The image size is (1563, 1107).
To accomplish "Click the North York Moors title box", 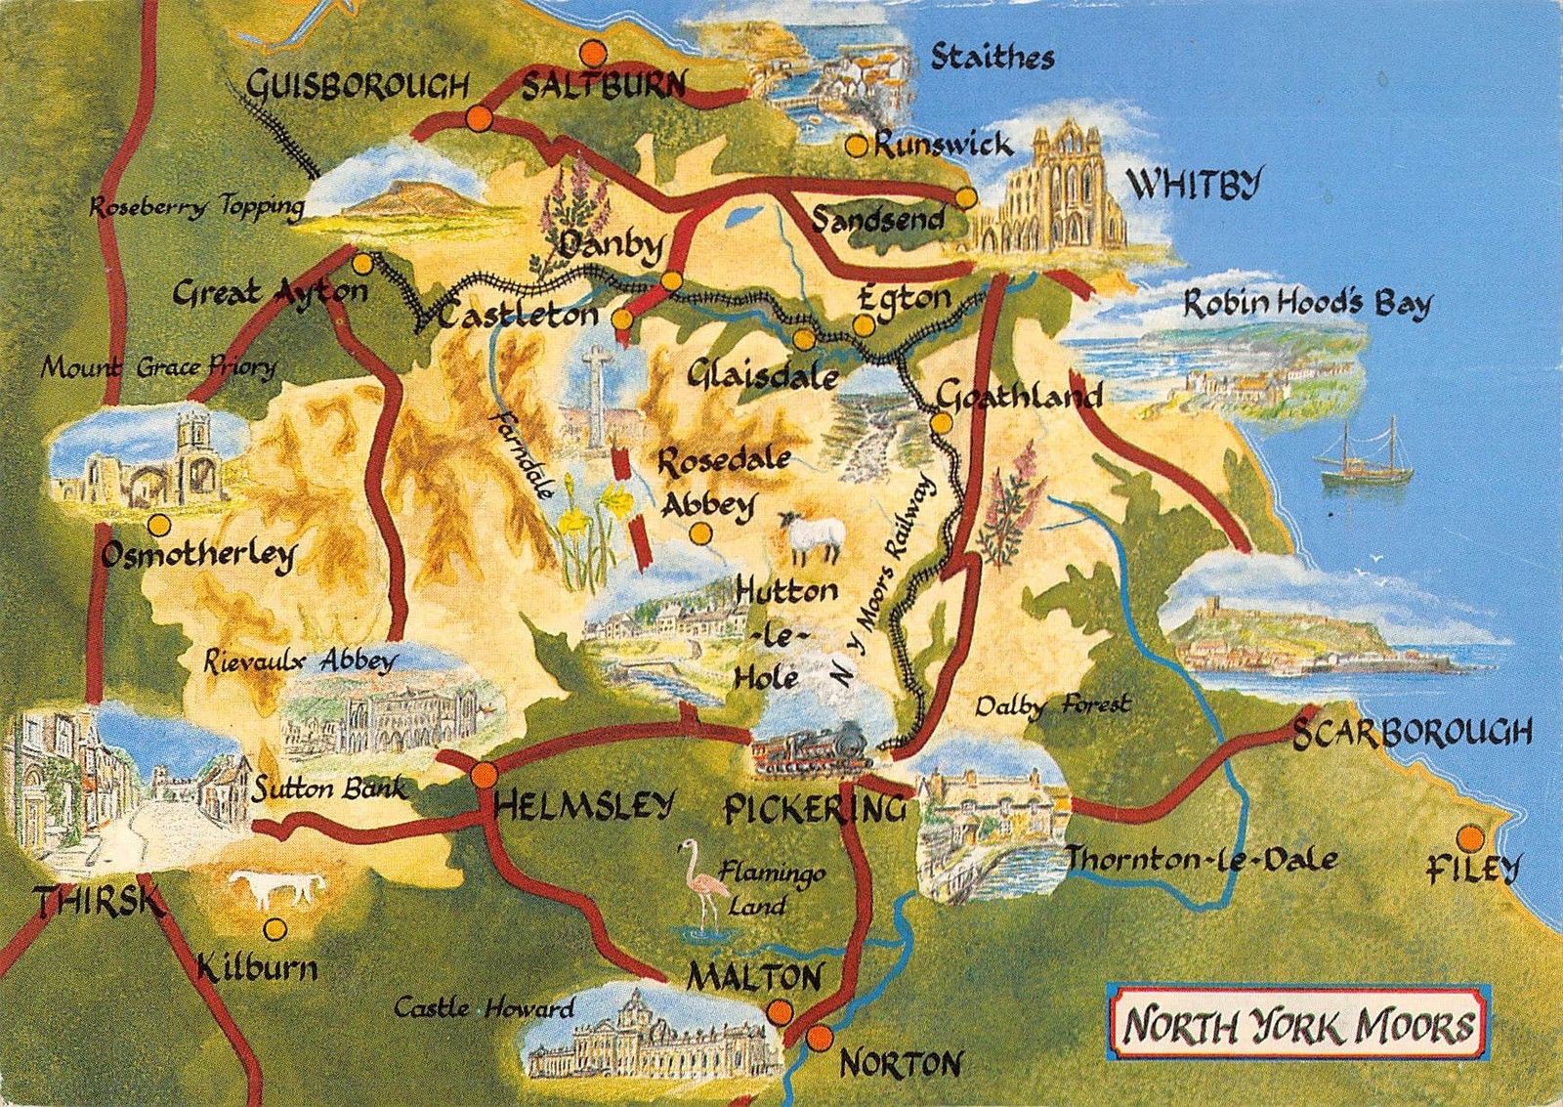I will click(x=1296, y=1027).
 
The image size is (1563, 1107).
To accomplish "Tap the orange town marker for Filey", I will click(x=1468, y=837).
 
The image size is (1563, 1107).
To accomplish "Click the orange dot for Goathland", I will click(x=941, y=424).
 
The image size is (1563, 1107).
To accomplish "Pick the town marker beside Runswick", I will click(x=856, y=146).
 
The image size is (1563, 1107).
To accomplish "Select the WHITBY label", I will click(x=1194, y=183).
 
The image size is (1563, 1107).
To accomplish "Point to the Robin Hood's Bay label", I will click(x=1306, y=304).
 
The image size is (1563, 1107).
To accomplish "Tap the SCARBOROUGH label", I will click(x=1412, y=733).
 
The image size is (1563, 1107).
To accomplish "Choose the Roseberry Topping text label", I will click(x=196, y=207).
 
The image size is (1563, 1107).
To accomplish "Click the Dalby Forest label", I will click(x=1052, y=704).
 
